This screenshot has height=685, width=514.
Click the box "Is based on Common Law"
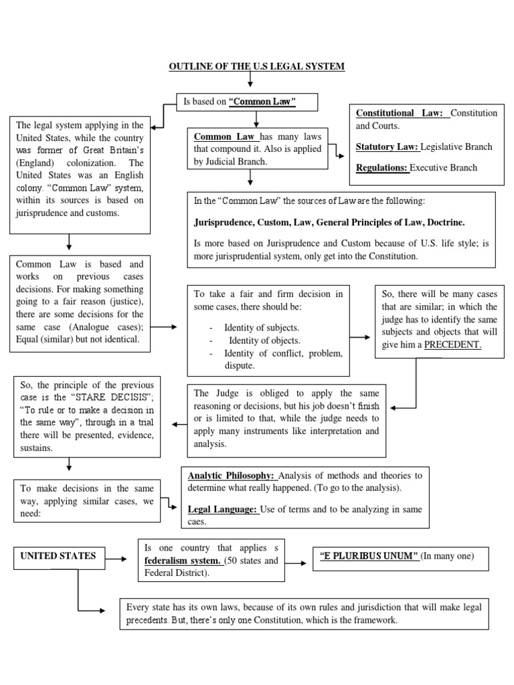247,102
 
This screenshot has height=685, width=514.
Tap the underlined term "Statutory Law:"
388,146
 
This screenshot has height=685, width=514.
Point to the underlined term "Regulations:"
382,168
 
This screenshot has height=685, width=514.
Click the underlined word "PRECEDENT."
453,345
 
